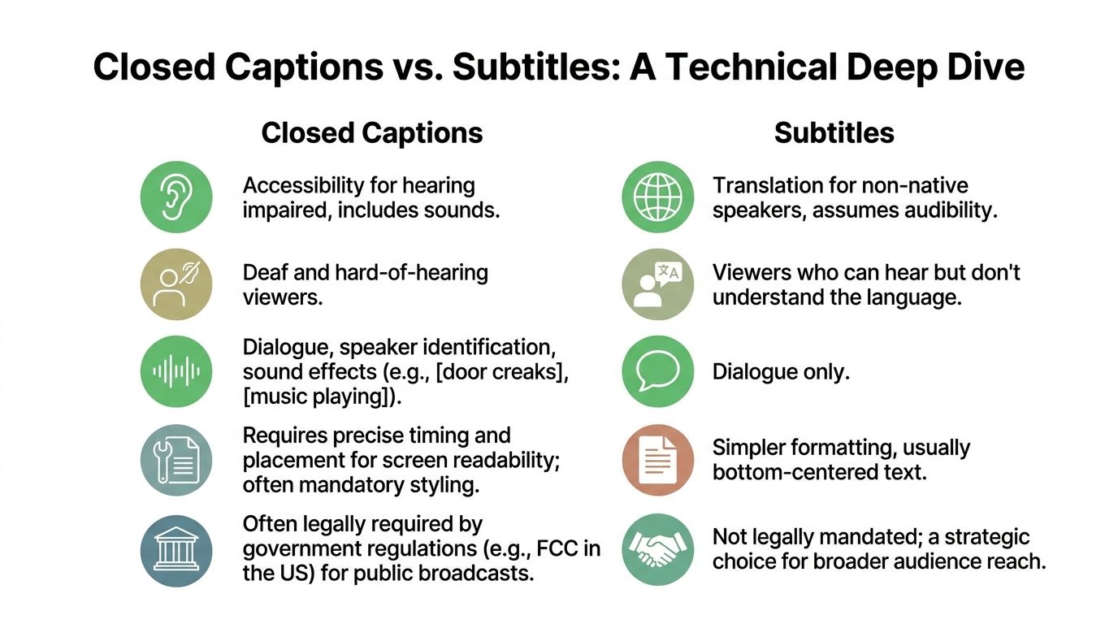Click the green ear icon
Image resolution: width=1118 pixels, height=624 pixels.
(x=176, y=197)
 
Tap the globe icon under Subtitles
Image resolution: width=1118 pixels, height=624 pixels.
(x=658, y=197)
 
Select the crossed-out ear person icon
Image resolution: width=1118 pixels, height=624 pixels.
(x=176, y=284)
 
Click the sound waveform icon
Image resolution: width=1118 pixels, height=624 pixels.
(x=176, y=371)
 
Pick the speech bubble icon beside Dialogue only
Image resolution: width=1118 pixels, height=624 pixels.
(x=658, y=371)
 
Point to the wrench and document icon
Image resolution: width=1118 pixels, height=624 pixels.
(x=176, y=460)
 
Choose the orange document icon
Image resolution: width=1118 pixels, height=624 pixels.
(x=658, y=460)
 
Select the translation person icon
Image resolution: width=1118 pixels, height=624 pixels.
(x=658, y=284)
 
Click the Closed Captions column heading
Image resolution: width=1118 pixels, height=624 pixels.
(x=372, y=132)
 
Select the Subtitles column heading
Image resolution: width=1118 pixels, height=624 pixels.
(x=834, y=132)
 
